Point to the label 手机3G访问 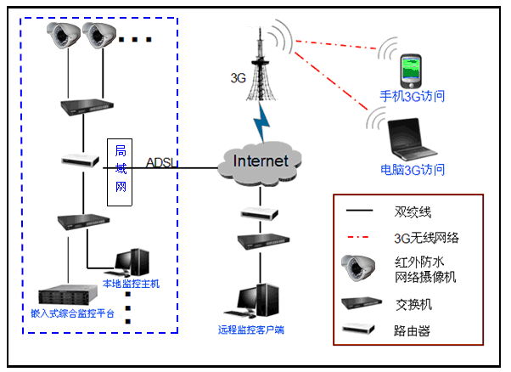[x=413, y=97]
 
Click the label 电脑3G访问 [x=413, y=169]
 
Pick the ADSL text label [x=161, y=162]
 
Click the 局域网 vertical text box [x=120, y=168]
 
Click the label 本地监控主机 [x=131, y=284]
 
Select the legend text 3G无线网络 [x=425, y=237]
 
